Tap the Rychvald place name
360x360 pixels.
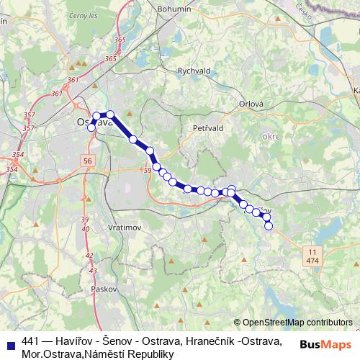click(x=193, y=71)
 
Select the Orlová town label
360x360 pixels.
click(x=252, y=103)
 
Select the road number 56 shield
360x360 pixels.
click(x=88, y=161)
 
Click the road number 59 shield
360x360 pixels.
click(x=147, y=170)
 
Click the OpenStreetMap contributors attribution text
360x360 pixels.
click(x=297, y=322)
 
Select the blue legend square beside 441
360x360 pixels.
click(x=9, y=342)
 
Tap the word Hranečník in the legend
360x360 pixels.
click(x=217, y=341)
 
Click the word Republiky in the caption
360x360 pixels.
click(x=150, y=354)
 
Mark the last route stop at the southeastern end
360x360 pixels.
click(x=269, y=226)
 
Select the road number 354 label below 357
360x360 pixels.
click(x=19, y=155)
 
